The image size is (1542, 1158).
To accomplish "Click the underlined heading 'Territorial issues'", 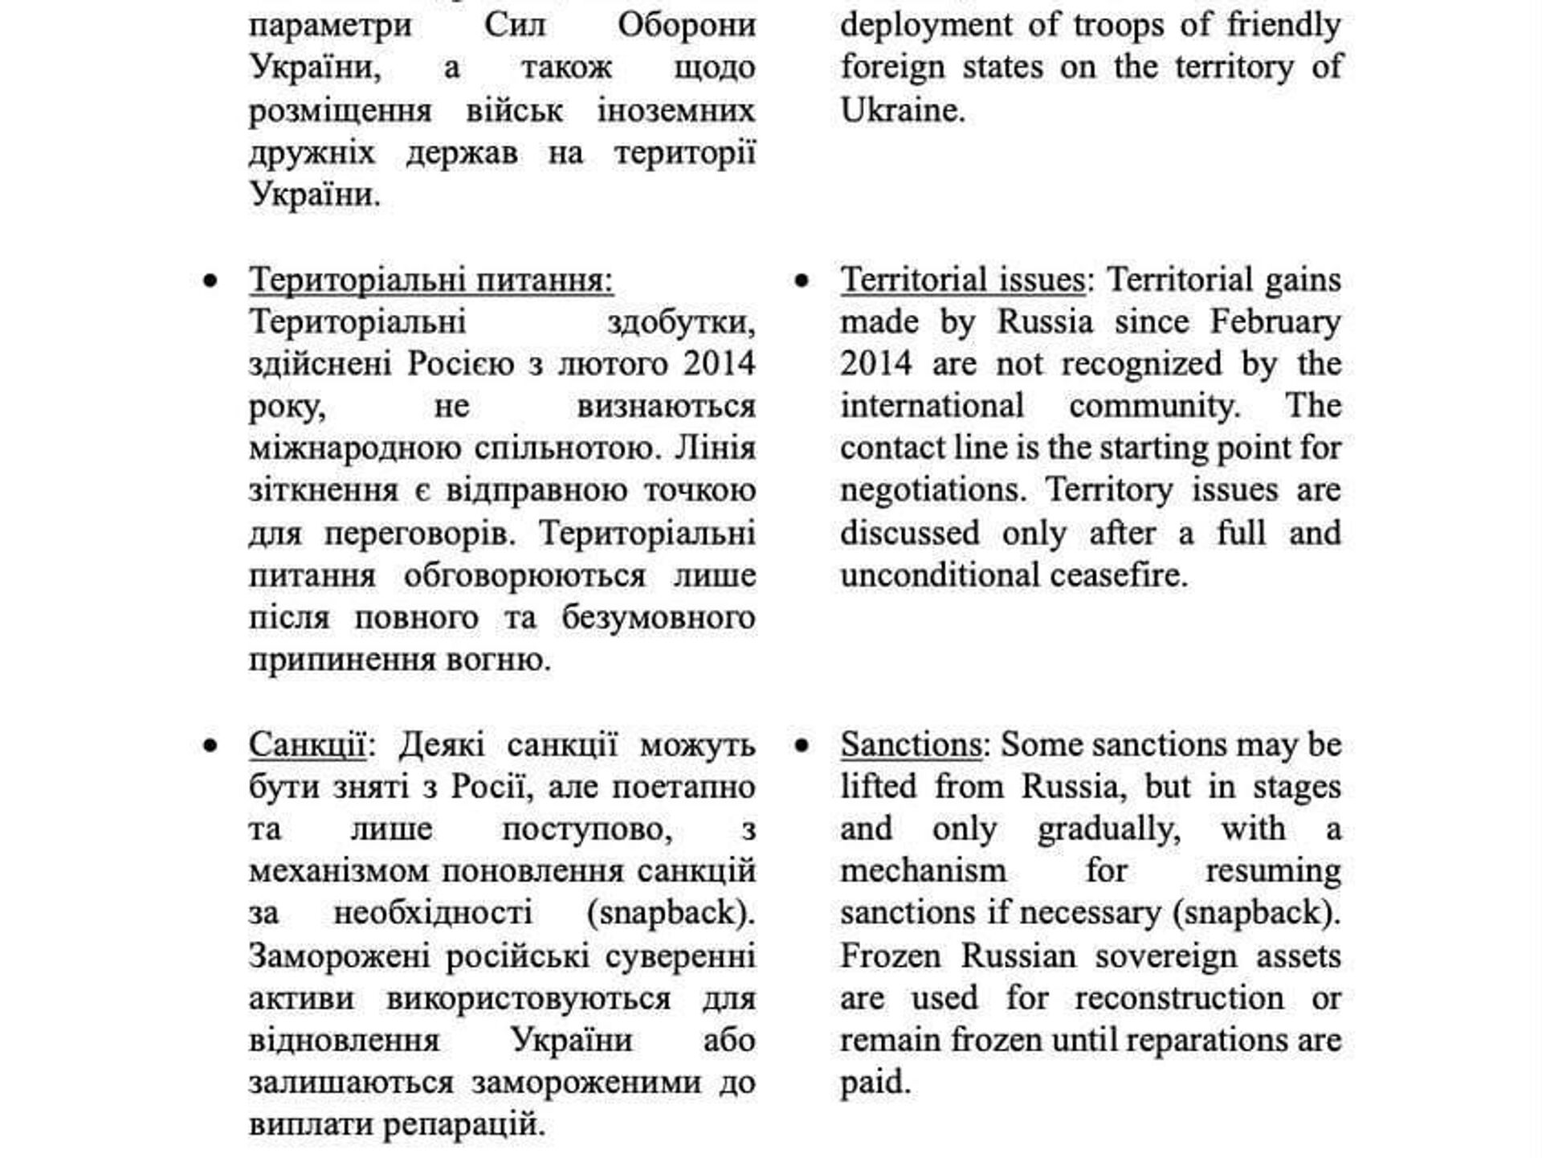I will point(962,280).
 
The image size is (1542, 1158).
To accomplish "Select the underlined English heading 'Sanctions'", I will point(911,744).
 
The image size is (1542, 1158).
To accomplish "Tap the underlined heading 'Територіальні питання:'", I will point(431,280).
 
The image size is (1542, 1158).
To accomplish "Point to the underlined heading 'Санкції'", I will point(307,744).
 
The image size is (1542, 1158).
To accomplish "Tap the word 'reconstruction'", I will point(1179,998).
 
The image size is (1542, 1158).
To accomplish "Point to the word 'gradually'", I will point(1108,829).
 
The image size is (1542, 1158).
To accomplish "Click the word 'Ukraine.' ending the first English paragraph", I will point(902,110).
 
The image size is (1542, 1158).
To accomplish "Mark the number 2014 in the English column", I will point(876,364).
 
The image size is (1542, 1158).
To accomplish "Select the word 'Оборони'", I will point(687,25).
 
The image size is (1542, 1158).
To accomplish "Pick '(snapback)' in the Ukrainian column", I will point(671,913).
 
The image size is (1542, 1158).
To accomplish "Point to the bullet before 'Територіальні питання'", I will point(210,281).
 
